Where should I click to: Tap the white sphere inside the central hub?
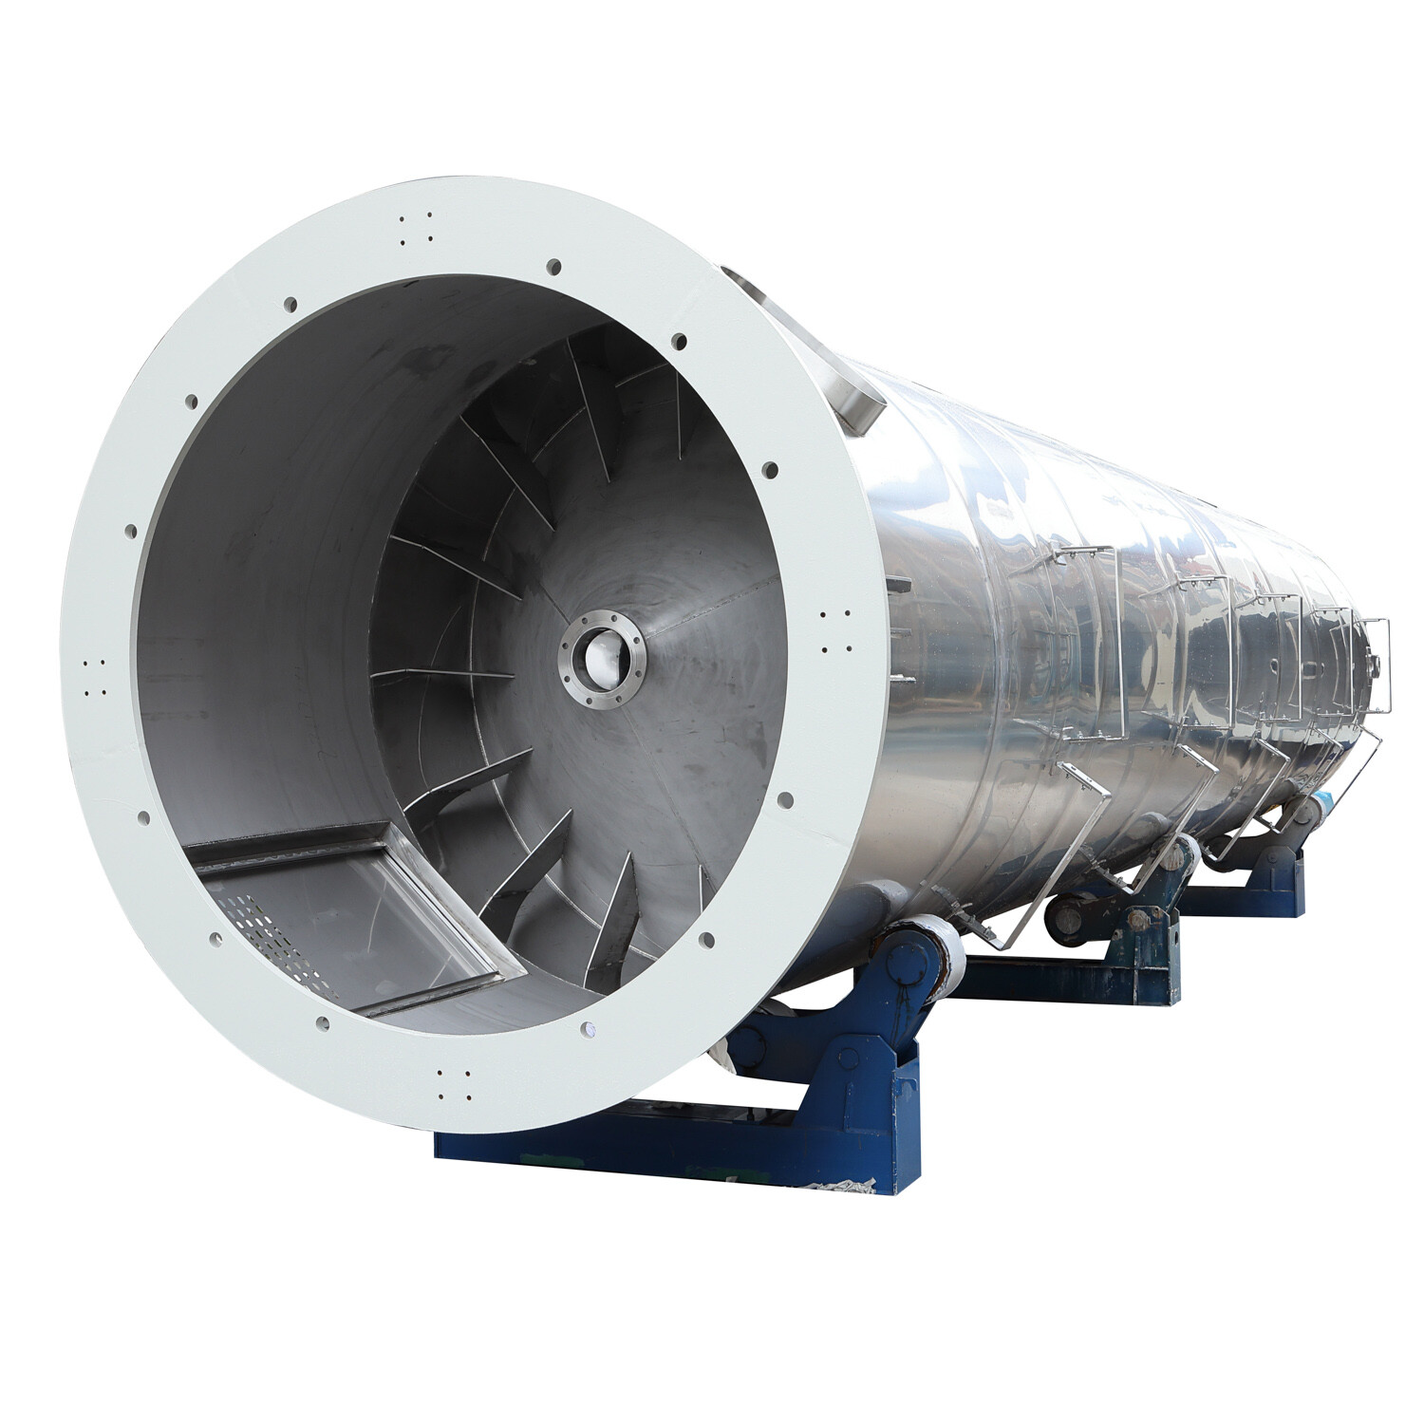[603, 653]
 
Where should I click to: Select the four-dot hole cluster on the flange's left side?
[94, 678]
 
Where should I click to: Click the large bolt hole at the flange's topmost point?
[554, 266]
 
